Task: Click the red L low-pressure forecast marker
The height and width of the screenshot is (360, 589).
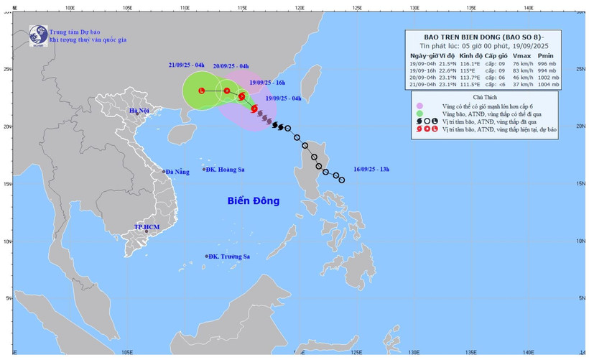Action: (202, 91)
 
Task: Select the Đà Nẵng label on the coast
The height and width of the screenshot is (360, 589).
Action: (177, 172)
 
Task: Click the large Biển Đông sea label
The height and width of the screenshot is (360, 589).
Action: (253, 200)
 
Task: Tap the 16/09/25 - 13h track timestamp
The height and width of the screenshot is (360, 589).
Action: (371, 169)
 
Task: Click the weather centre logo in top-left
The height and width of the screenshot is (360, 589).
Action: (37, 34)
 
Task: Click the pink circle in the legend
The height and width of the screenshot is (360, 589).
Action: (419, 106)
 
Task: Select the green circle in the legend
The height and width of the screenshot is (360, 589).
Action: (419, 114)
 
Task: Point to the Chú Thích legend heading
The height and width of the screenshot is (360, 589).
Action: (492, 96)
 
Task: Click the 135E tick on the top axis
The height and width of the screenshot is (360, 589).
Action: (471, 8)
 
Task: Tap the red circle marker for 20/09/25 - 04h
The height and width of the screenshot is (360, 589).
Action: (227, 91)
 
